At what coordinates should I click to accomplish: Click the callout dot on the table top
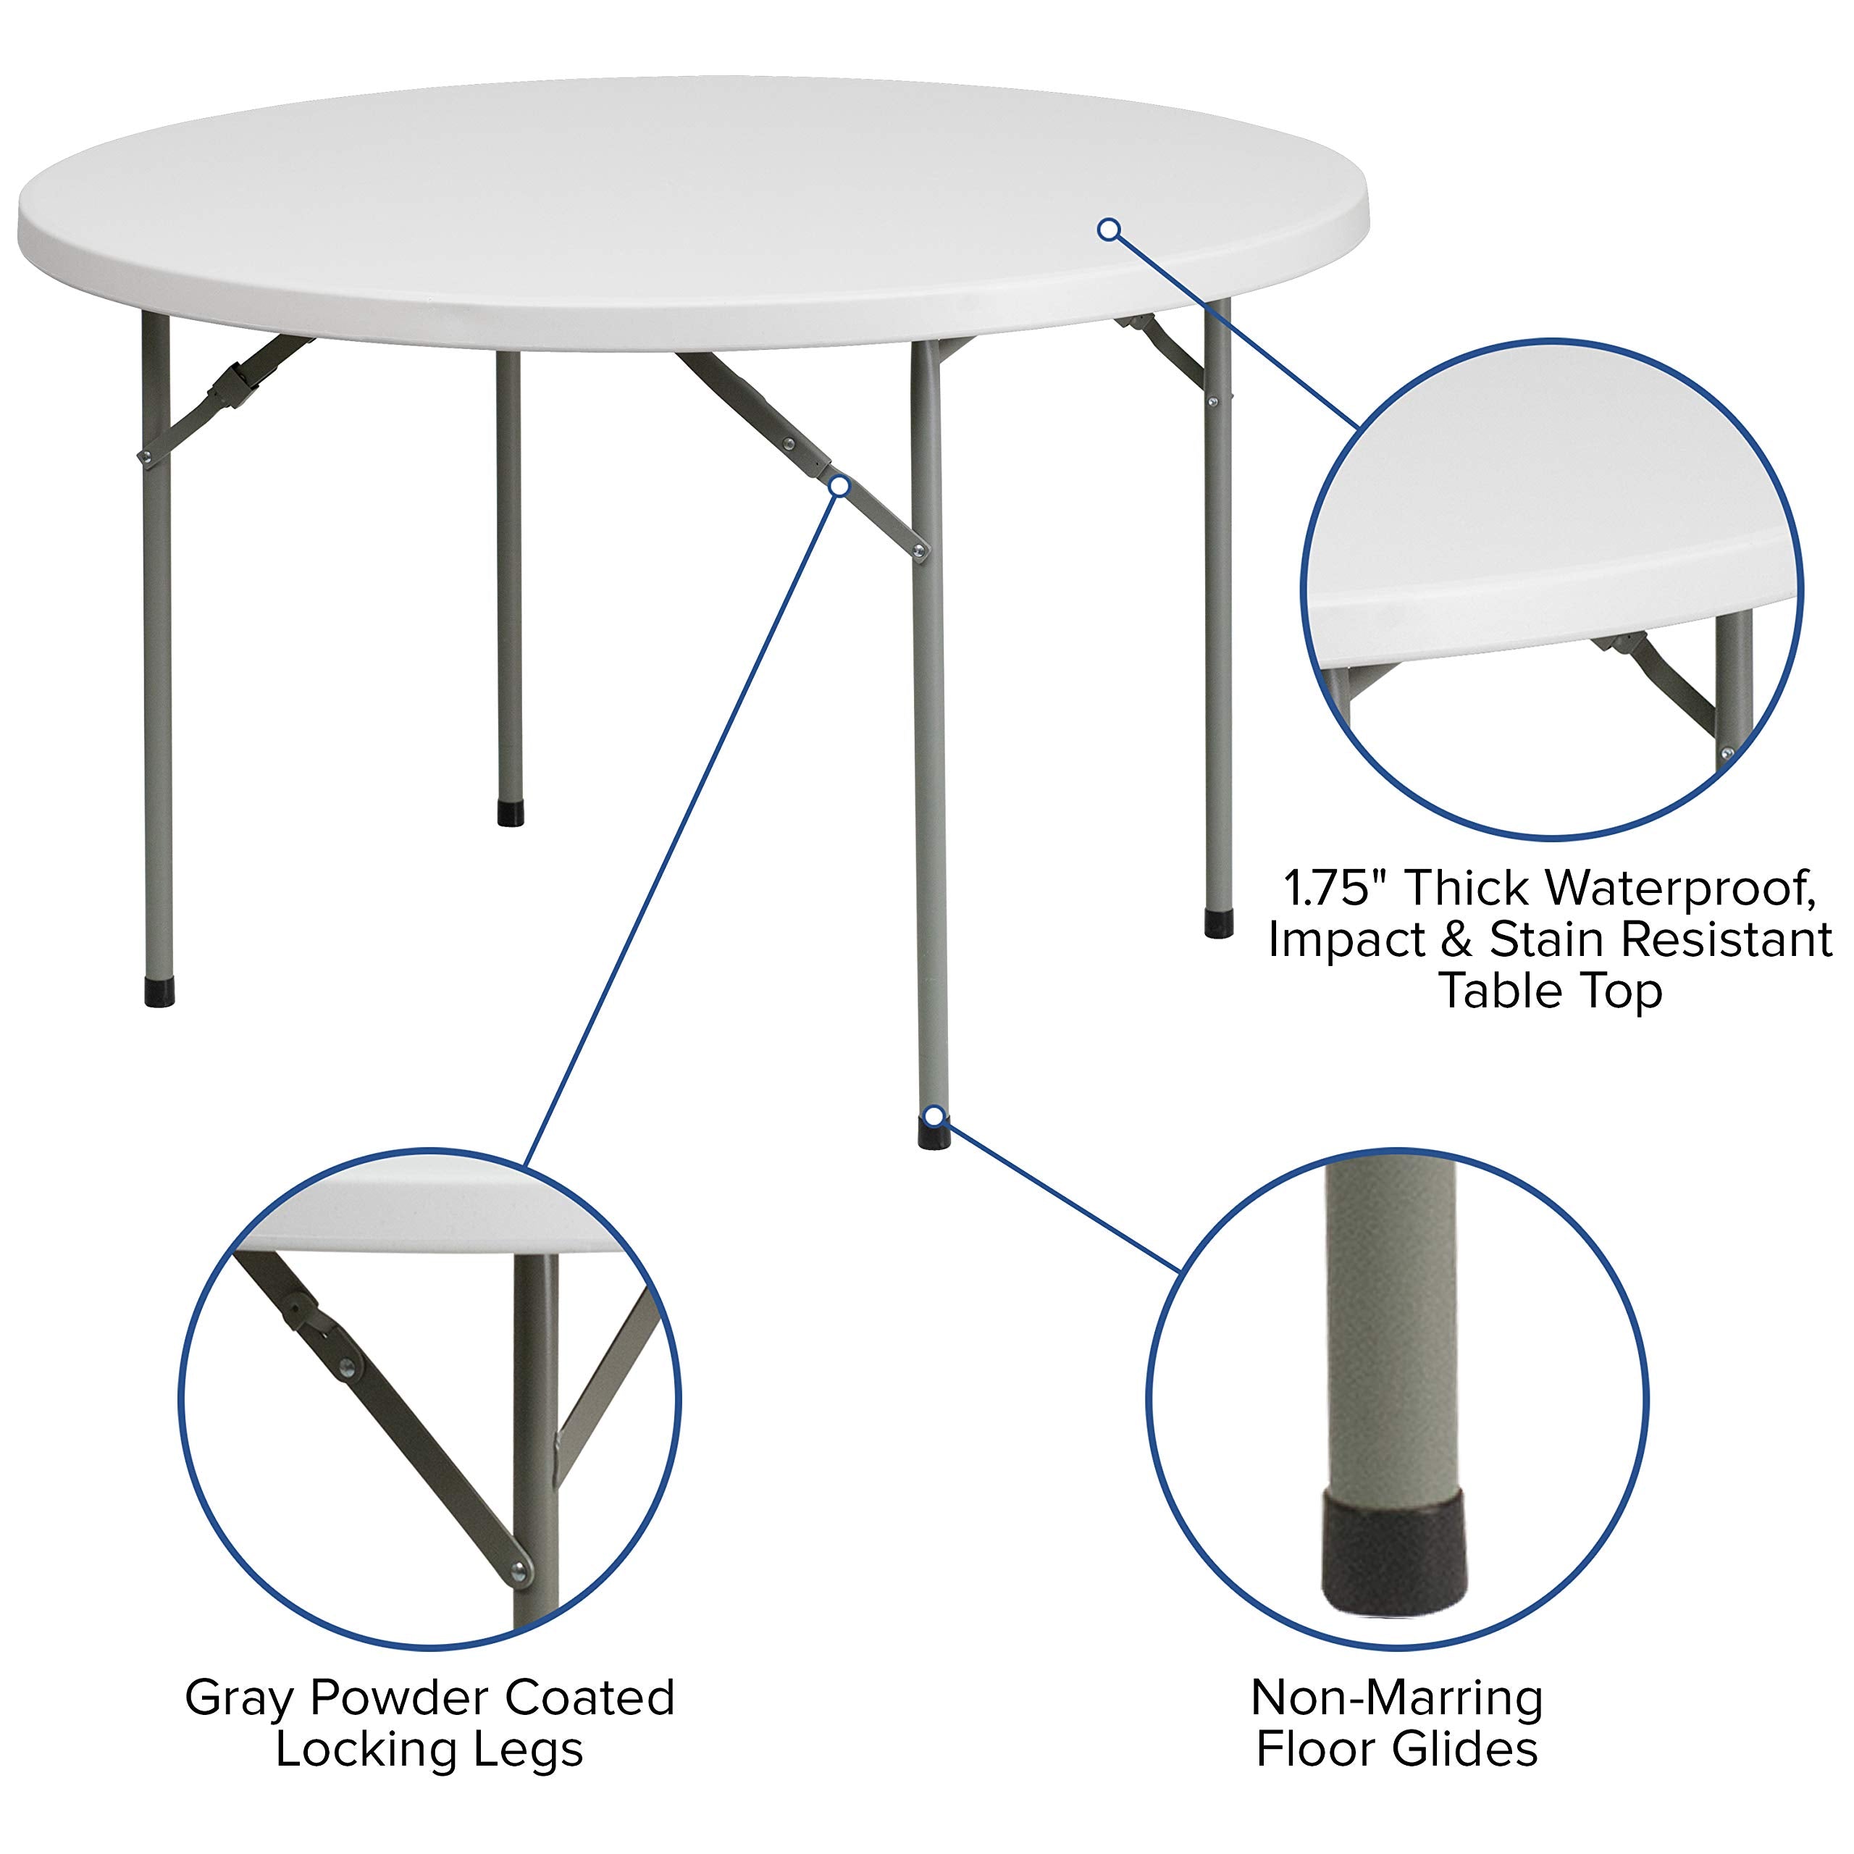coord(1110,230)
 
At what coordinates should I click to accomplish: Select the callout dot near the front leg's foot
coord(933,1115)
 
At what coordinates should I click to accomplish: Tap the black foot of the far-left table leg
coord(159,992)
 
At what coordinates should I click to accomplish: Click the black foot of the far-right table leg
coord(1219,923)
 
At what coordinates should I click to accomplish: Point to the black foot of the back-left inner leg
coord(511,813)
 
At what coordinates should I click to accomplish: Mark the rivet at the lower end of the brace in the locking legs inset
coord(519,1570)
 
